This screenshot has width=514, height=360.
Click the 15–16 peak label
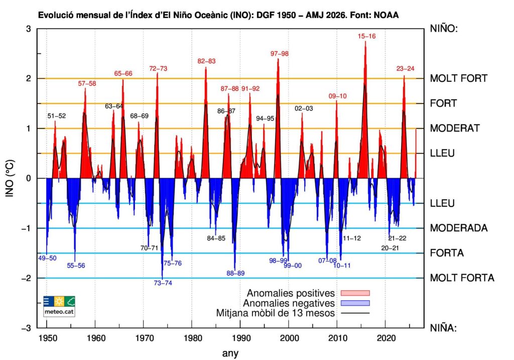366,36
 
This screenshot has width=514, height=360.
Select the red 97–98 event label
279,54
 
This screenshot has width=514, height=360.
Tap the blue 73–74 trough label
163,283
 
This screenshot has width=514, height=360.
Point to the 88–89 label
235,273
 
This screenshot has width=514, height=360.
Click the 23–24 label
405,68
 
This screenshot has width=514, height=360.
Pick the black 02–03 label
304,108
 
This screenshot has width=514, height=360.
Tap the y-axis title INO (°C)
10,178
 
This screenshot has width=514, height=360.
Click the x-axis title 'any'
230,353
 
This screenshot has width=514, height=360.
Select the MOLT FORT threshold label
459,78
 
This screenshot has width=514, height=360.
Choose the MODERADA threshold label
459,228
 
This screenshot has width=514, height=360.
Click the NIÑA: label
443,328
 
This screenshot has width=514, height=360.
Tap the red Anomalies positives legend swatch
355,293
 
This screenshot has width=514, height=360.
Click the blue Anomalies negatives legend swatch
355,303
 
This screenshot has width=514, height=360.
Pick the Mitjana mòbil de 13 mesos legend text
276,313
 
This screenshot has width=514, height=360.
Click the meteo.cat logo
59,306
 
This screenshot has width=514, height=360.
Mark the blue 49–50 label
47,258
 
